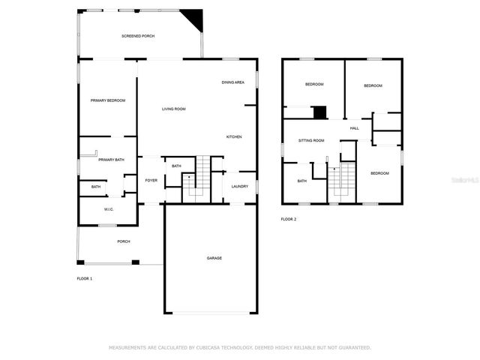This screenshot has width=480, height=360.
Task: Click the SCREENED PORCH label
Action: click(x=138, y=36)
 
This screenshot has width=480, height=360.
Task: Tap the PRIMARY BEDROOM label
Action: click(x=108, y=100)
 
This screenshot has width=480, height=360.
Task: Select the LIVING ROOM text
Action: click(x=174, y=109)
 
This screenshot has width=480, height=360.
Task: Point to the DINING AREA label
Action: click(x=232, y=82)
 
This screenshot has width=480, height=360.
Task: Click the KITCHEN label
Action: click(x=234, y=136)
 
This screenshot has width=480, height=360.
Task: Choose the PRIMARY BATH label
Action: click(x=111, y=160)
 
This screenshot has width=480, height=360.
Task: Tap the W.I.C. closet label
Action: click(x=109, y=209)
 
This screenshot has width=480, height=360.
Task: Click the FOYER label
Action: click(x=151, y=181)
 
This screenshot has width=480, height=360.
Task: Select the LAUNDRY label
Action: click(x=240, y=186)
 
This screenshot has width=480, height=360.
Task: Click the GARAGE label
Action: click(x=214, y=258)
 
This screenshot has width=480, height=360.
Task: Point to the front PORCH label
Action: click(x=124, y=241)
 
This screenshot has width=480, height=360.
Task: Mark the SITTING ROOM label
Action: click(x=311, y=140)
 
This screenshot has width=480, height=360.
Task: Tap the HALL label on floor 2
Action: click(x=354, y=128)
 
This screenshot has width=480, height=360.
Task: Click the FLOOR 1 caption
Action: click(x=84, y=278)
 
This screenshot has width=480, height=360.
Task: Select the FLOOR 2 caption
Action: click(x=289, y=219)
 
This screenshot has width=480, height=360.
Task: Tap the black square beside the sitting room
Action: click(x=320, y=112)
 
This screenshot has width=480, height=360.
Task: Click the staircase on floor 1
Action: click(x=198, y=178)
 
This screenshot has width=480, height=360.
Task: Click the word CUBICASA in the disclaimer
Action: click(x=212, y=348)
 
